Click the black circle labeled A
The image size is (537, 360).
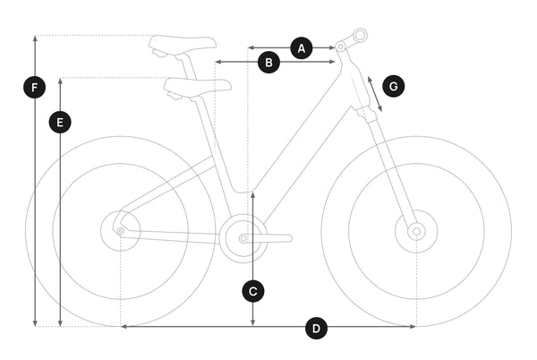pos(302,48)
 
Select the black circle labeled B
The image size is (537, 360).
pos(268,63)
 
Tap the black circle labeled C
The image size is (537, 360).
pos(253,292)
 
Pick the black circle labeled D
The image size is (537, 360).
pos(316,328)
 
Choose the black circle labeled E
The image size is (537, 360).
pos(60,123)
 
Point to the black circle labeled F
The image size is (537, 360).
pos(35,88)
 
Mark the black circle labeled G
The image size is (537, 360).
pos(394,86)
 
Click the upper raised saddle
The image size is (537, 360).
pos(183,45)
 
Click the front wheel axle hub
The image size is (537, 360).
pos(416,232)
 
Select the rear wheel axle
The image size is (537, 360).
pos(121,232)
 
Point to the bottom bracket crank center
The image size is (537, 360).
pos(243,238)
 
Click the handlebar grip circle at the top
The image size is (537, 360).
pos(360,35)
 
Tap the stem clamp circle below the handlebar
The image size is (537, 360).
pos(340,47)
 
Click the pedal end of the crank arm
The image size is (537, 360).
pos(289,238)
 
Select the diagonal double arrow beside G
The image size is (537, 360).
pos(375,94)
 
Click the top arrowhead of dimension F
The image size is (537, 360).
pos(35,38)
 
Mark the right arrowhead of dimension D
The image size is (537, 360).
pos(413,327)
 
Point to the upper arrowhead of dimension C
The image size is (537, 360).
pos(252,195)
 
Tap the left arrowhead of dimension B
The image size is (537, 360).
pos(217,62)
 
